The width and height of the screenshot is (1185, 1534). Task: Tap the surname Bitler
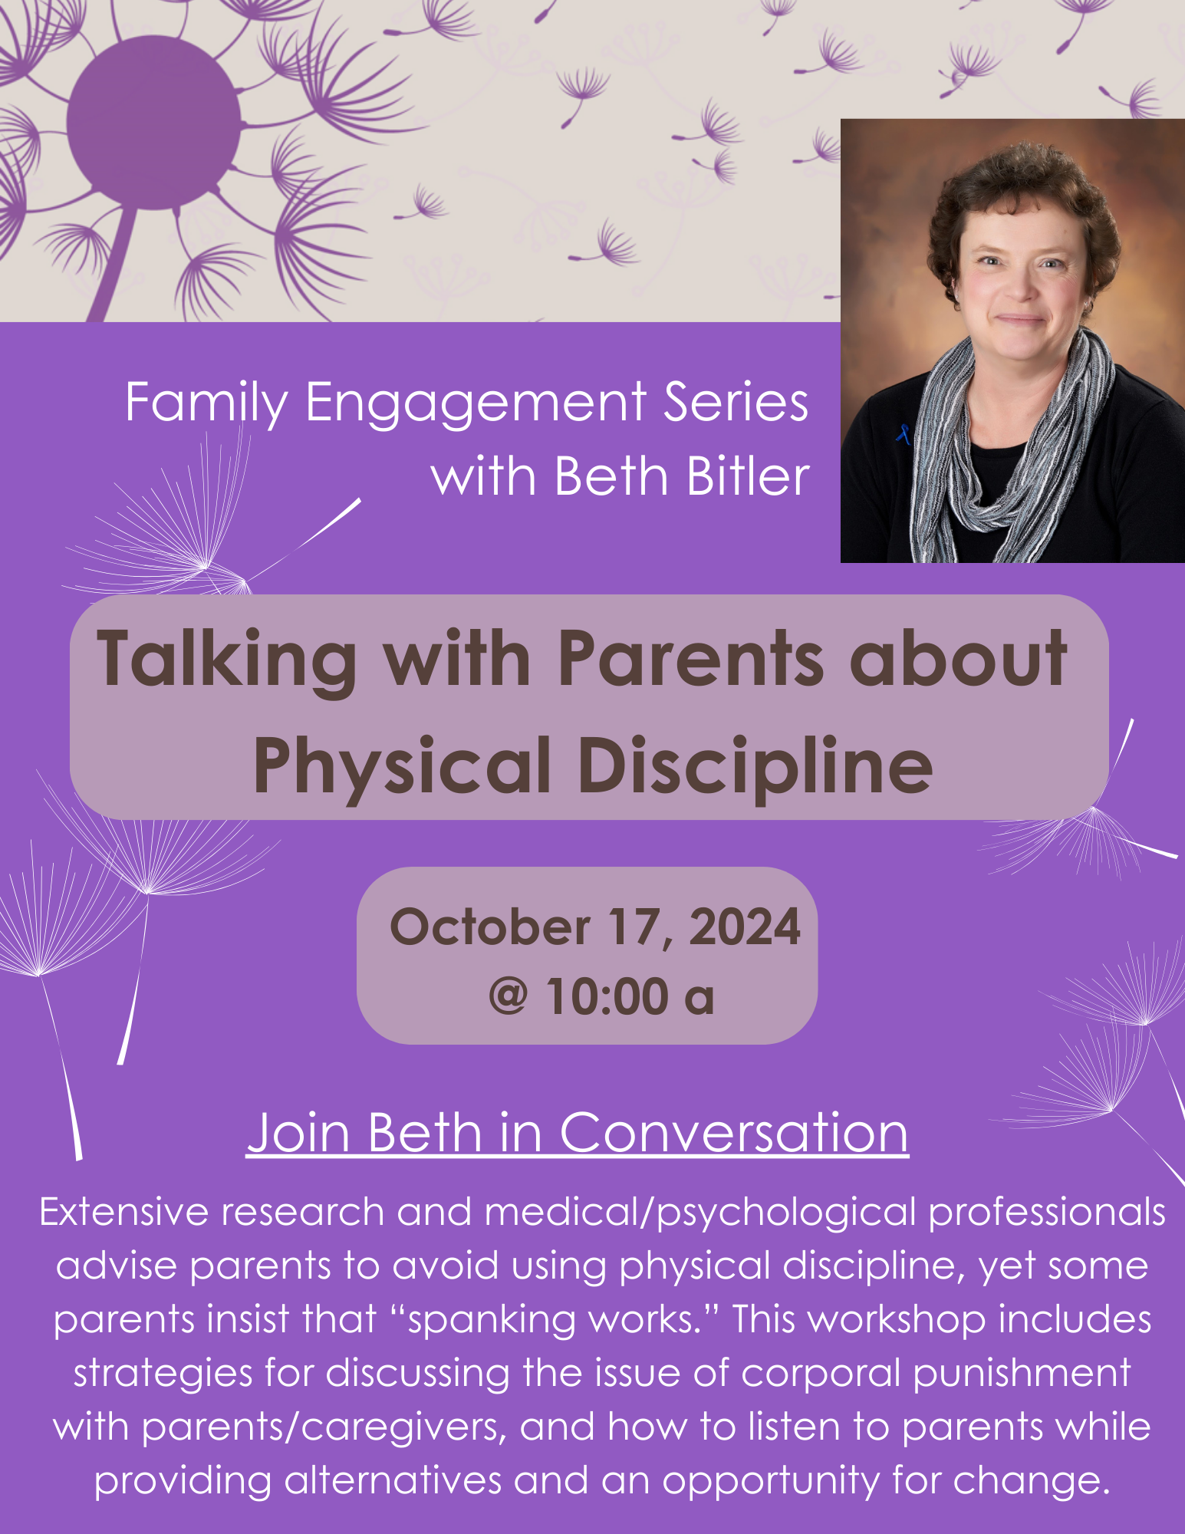point(748,476)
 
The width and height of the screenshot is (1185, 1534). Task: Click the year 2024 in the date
point(745,927)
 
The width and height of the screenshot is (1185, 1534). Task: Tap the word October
point(490,927)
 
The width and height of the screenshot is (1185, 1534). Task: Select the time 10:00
point(607,997)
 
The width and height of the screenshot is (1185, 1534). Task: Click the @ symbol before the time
point(509,997)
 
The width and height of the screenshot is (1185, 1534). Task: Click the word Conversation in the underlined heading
point(734,1132)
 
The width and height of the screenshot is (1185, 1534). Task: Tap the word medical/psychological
point(700,1214)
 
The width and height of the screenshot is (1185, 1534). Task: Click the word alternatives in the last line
point(393,1481)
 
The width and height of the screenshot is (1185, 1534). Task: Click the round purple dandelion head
point(153,123)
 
